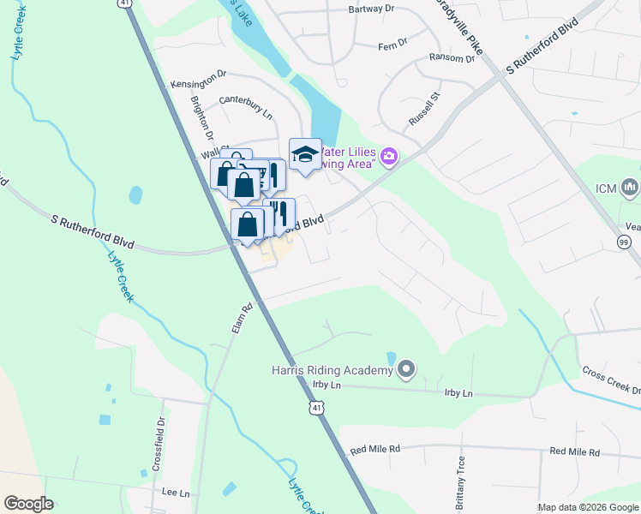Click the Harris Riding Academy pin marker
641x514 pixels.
coord(406,370)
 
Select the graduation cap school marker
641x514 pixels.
coord(305,155)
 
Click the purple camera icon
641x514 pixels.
coord(389,155)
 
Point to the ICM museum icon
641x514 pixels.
coord(630,187)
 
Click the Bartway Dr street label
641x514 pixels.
coord(371,9)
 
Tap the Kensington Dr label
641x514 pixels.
coord(198,76)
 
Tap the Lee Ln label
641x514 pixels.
coord(176,493)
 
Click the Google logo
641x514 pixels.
coord(28,504)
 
